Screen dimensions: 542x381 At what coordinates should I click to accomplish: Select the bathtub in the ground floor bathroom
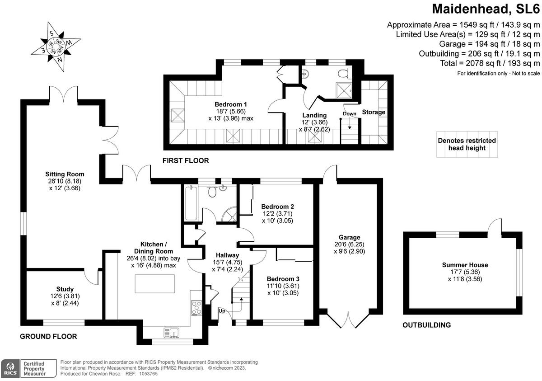191,203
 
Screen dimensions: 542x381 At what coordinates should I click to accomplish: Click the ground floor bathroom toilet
213,192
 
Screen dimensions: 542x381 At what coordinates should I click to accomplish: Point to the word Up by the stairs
222,311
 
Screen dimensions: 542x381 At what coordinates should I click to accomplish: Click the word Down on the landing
350,113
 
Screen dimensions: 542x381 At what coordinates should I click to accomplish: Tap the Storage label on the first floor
374,112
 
